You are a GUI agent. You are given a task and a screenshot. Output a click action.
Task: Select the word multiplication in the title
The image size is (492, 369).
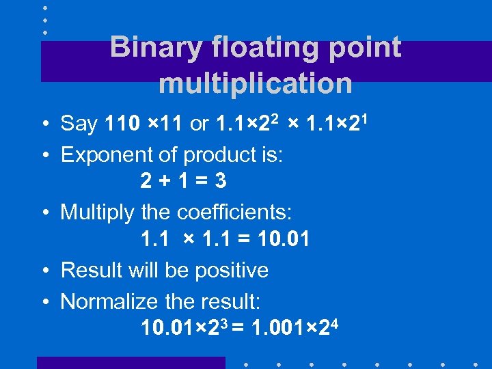pos(255,84)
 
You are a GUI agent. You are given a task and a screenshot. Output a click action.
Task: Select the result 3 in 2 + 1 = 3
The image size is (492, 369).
pos(221,181)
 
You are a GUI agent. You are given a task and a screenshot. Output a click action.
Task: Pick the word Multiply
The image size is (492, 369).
pos(98,213)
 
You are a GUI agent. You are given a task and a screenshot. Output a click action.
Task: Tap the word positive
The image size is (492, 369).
pos(232,271)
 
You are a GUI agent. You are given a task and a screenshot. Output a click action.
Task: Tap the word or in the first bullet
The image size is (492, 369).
pos(200,124)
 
